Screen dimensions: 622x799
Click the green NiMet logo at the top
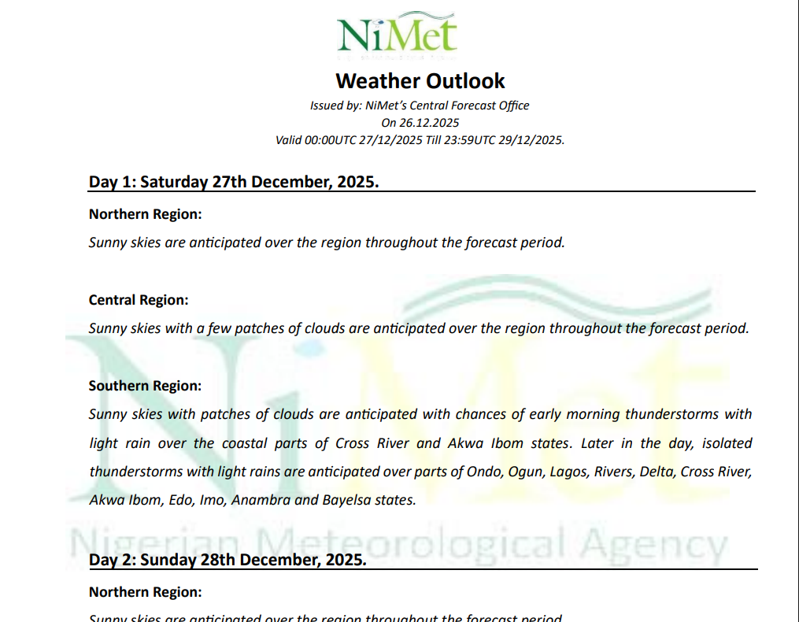click(x=398, y=33)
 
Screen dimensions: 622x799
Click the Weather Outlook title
click(x=420, y=80)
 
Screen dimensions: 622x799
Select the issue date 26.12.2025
click(x=431, y=123)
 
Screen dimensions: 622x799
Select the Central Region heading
click(x=139, y=300)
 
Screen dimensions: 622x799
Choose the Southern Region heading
click(x=145, y=386)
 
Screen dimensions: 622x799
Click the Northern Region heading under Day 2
click(x=145, y=591)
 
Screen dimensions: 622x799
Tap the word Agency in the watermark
click(x=657, y=543)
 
